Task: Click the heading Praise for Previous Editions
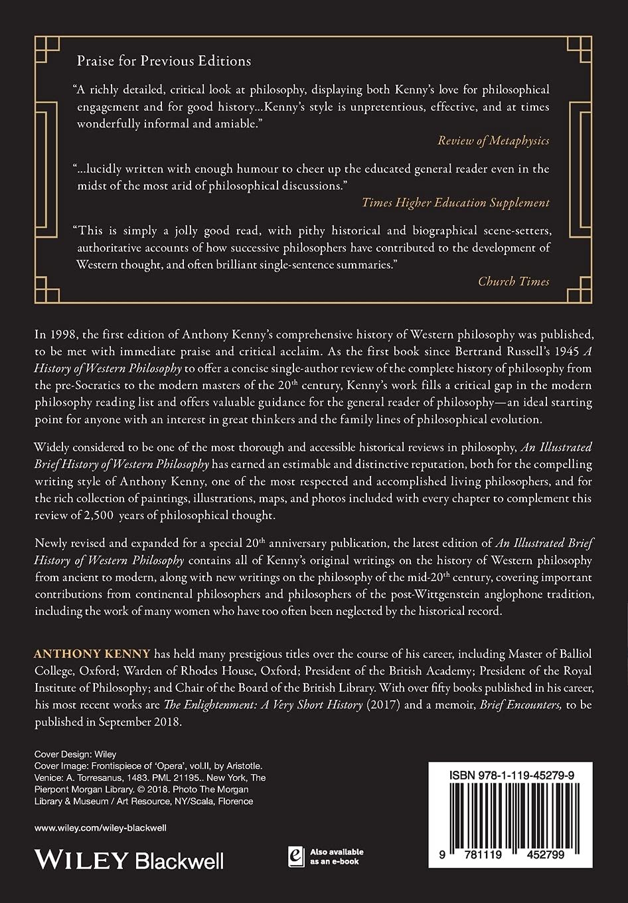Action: (164, 61)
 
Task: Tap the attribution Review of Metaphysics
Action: (493, 140)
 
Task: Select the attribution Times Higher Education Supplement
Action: (455, 203)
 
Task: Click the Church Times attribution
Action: (513, 281)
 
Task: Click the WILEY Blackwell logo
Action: (129, 861)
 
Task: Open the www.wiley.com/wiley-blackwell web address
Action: (100, 828)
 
